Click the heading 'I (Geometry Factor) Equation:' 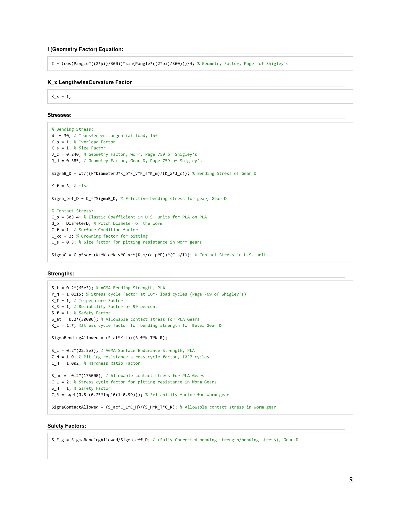point(85,49)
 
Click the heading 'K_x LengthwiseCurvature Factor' point(89,82)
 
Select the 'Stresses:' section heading point(59,115)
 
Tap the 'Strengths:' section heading point(61,274)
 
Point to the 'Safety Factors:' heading point(67,426)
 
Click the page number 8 point(351,480)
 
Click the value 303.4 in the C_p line point(73,217)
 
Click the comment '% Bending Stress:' point(72,129)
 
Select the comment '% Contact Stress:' point(72,211)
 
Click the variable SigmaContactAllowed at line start point(75,407)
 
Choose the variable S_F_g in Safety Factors point(58,440)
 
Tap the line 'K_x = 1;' point(61,97)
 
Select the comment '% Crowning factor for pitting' point(112,236)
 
